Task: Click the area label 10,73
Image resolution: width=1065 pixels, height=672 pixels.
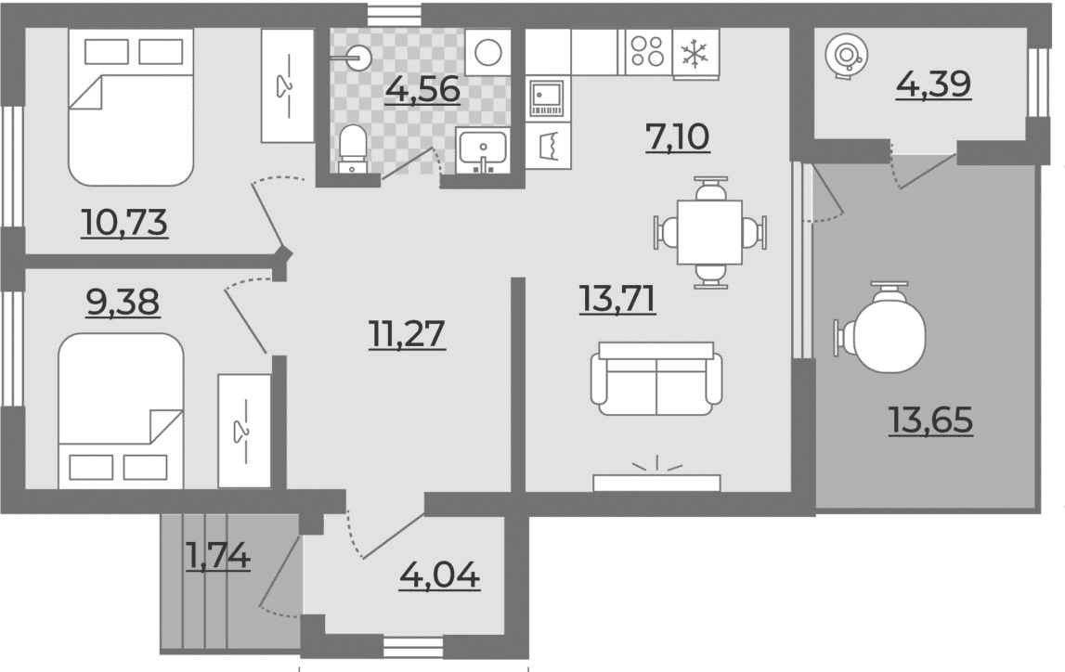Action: pyautogui.click(x=124, y=223)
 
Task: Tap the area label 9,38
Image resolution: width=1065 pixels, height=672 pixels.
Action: pyautogui.click(x=123, y=302)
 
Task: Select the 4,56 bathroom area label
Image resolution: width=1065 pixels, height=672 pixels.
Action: pyautogui.click(x=422, y=90)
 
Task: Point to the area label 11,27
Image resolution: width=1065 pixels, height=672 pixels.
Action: pyautogui.click(x=407, y=334)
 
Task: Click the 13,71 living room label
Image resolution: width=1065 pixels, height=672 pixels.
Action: pyautogui.click(x=618, y=300)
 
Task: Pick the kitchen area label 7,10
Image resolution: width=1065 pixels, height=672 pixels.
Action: pyautogui.click(x=678, y=137)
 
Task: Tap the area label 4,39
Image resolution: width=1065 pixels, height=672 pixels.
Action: pyautogui.click(x=933, y=84)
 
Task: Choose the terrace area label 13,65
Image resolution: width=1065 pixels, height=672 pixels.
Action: pyautogui.click(x=930, y=420)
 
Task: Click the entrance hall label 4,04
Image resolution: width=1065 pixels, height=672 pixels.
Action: pyautogui.click(x=440, y=576)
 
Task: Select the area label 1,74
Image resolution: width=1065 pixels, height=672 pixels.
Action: pyautogui.click(x=218, y=557)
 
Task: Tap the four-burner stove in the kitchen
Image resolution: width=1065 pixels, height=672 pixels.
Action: pyautogui.click(x=647, y=52)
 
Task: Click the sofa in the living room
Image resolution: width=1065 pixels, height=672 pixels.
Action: pyautogui.click(x=656, y=378)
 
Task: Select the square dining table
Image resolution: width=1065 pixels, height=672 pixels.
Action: pyautogui.click(x=709, y=232)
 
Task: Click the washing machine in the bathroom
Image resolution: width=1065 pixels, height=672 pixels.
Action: pyautogui.click(x=487, y=52)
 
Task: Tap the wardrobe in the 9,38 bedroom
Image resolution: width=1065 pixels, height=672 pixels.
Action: pyautogui.click(x=244, y=431)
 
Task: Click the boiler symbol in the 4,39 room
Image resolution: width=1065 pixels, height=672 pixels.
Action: pyautogui.click(x=845, y=55)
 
